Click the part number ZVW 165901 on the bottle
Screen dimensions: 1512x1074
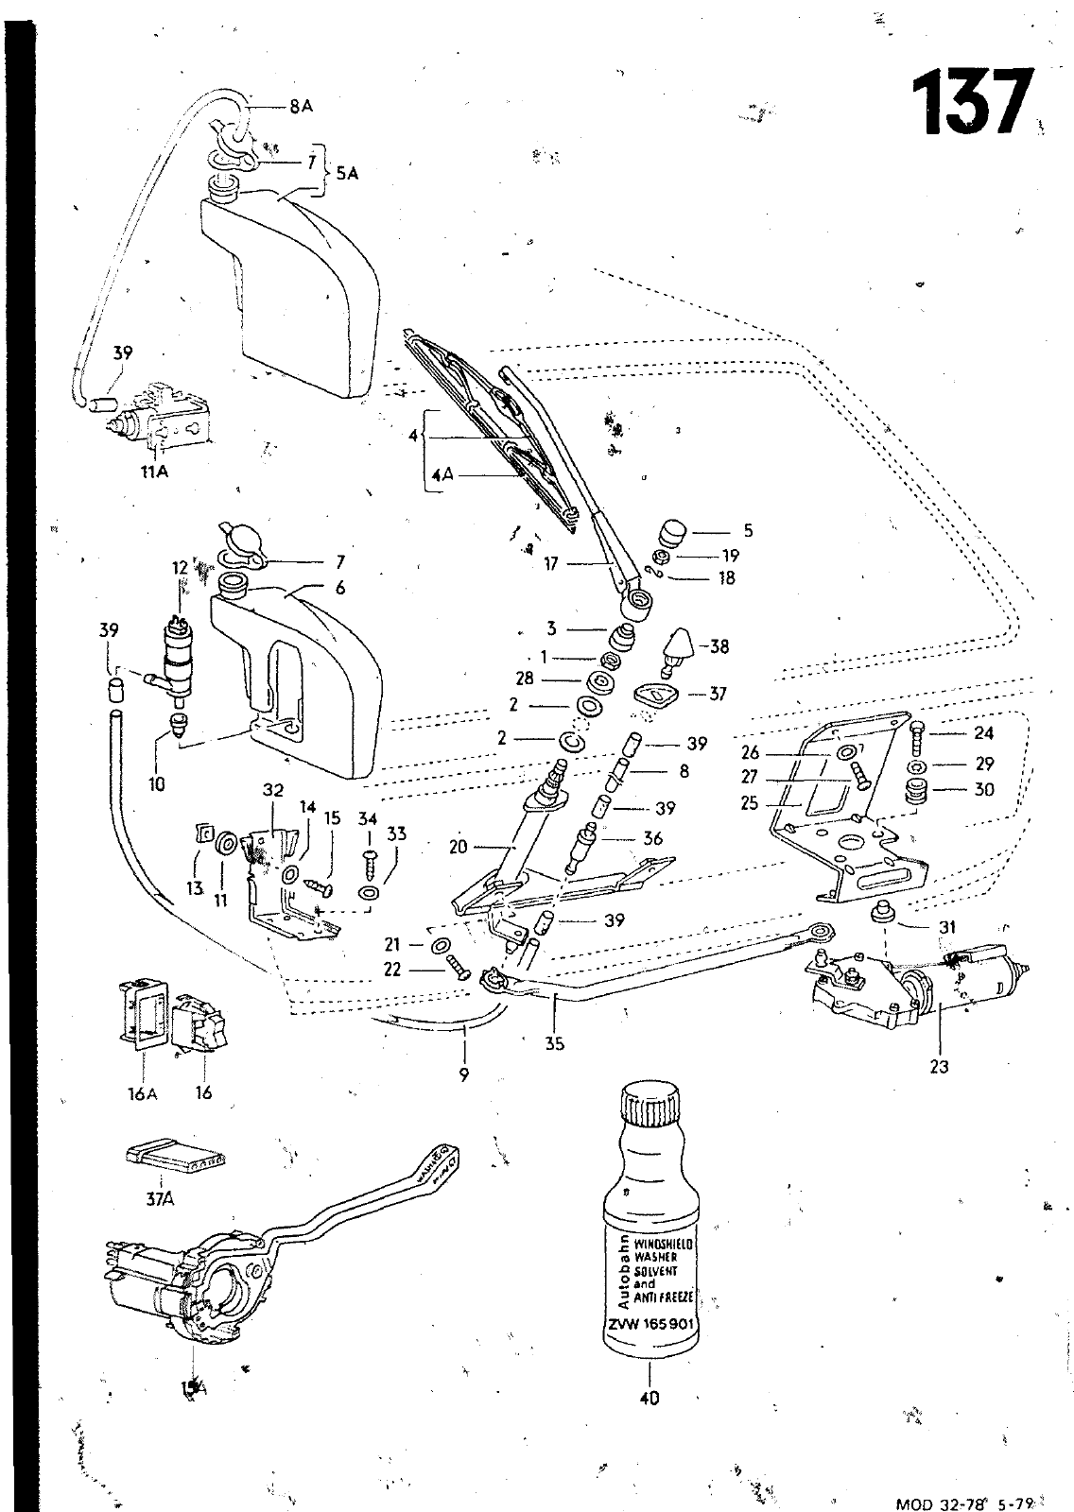click(650, 1324)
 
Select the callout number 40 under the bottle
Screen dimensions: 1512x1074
click(650, 1397)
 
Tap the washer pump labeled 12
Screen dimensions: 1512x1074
click(174, 652)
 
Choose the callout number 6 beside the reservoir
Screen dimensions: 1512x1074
click(339, 588)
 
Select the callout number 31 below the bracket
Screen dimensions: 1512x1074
click(947, 927)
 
